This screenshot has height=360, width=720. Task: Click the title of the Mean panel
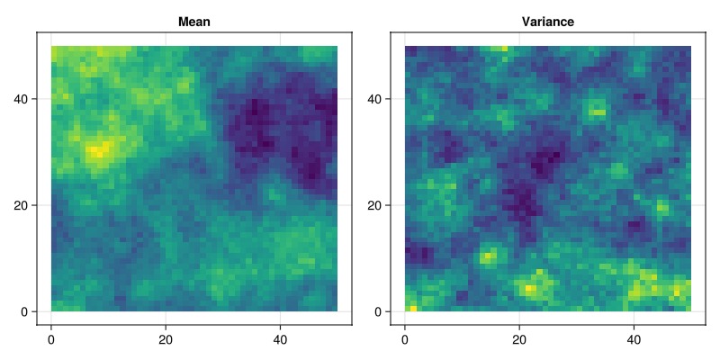point(194,22)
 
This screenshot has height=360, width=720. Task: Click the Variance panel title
point(548,22)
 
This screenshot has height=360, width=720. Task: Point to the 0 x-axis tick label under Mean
point(51,340)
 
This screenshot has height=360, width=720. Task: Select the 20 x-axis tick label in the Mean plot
point(166,340)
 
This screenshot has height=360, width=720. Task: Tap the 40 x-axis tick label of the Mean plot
point(280,340)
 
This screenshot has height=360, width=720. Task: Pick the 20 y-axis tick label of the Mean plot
point(24,205)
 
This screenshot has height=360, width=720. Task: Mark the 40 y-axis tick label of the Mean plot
point(24,99)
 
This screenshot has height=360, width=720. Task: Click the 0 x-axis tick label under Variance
point(404,340)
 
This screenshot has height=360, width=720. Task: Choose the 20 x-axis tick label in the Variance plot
point(519,340)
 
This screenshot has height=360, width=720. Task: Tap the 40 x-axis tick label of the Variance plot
point(634,340)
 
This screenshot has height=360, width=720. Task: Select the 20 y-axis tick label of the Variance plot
point(378,205)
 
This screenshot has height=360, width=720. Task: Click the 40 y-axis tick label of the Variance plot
point(378,99)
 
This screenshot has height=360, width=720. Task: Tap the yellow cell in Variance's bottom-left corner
point(413,309)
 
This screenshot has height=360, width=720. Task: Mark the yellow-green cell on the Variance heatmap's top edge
point(505,49)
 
